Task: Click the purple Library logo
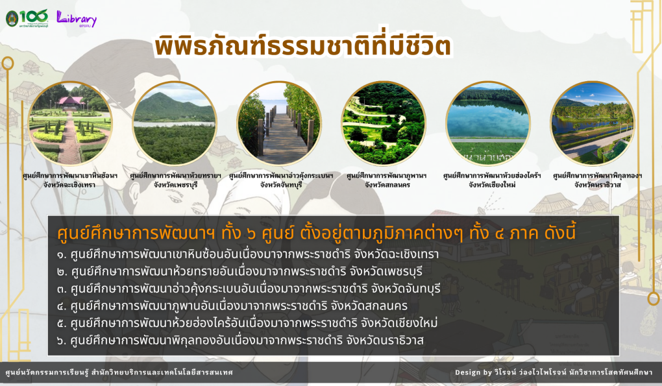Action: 77,19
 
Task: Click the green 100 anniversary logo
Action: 27,18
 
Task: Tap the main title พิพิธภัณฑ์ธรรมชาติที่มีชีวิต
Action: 302,47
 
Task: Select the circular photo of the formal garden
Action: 70,123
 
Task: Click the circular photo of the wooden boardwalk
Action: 279,123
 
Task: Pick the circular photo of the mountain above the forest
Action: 175,123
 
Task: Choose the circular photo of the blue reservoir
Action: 488,123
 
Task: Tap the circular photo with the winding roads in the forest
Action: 384,123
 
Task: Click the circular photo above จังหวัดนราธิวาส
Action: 593,123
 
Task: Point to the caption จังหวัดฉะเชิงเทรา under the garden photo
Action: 69,185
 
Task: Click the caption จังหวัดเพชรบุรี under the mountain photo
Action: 175,185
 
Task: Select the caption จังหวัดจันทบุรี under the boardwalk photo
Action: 281,185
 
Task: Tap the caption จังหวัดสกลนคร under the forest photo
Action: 387,185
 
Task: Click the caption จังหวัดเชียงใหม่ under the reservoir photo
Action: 492,185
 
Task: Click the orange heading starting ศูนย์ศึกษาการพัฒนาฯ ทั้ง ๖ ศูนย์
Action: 316,233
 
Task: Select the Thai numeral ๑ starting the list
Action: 62,255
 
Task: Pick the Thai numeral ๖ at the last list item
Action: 62,341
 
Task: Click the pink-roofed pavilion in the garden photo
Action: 71,101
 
